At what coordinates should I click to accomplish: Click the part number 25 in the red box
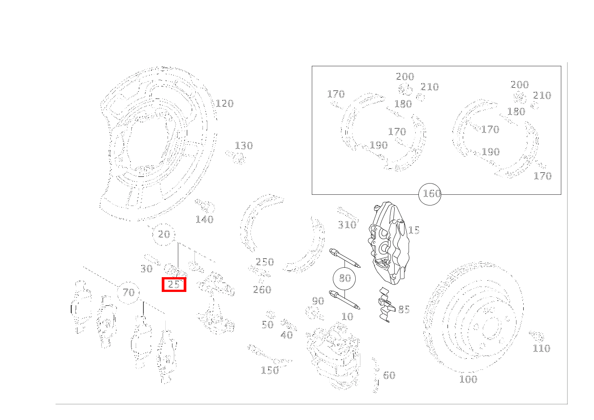coord(174,284)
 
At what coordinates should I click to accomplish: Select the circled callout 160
coord(430,194)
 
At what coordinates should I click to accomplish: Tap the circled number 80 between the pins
coord(344,278)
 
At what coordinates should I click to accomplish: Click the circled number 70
coord(129,292)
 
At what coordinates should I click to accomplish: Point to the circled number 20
coord(164,234)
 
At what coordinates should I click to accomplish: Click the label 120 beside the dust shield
coord(224,103)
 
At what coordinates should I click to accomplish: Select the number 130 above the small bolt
coord(244,146)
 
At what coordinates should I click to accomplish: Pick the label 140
coord(204,219)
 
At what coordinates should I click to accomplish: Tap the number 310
coord(347,225)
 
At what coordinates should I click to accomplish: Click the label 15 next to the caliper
coord(413,230)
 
